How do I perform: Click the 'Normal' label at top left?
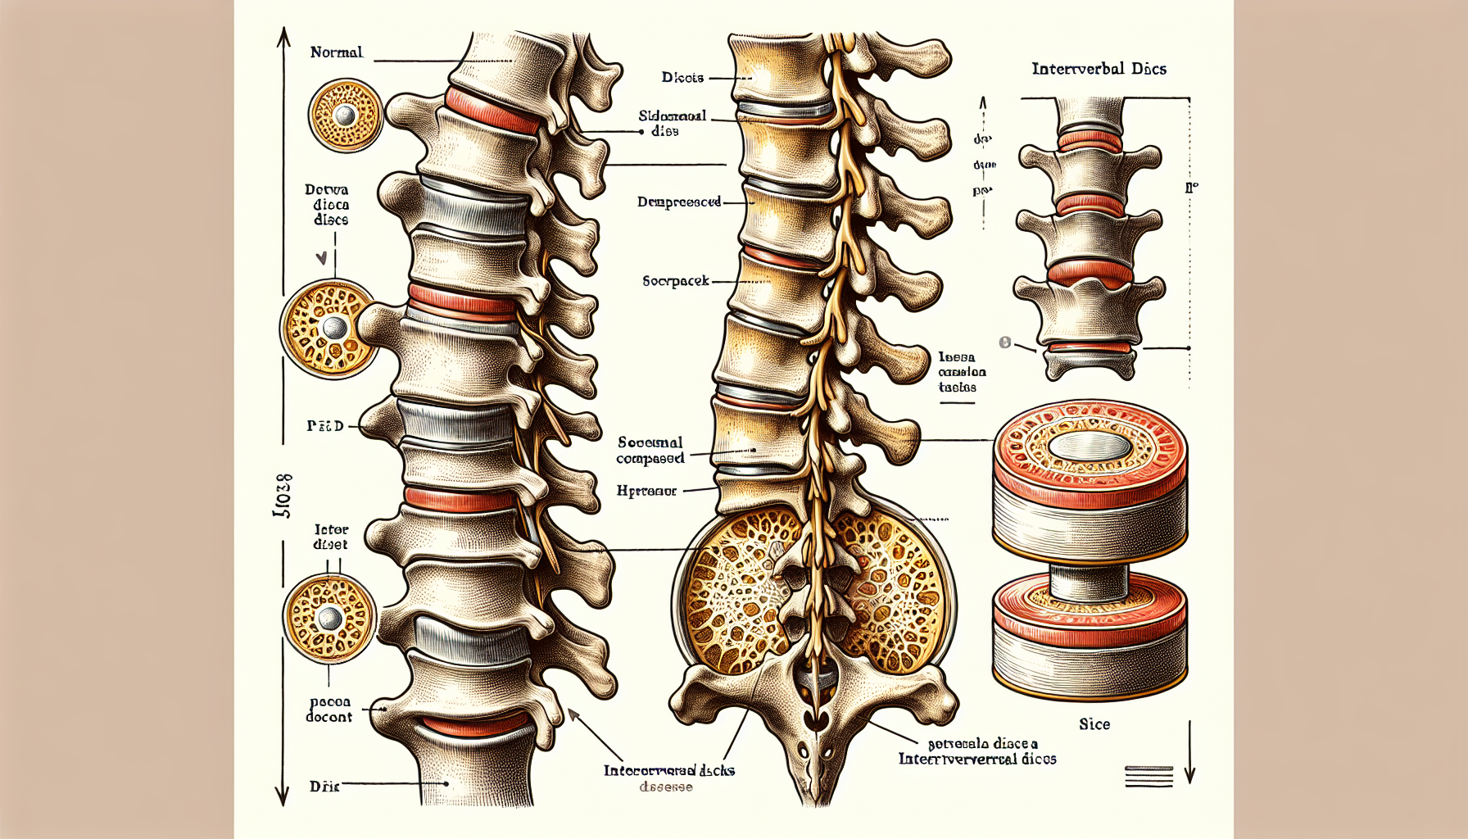(x=336, y=52)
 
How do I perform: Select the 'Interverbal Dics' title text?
(x=1099, y=69)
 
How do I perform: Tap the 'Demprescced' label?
(x=679, y=202)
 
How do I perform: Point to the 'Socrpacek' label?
(x=676, y=281)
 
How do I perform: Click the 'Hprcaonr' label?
(x=646, y=492)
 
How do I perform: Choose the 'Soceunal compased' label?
(x=650, y=450)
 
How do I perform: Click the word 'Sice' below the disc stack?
(x=1094, y=724)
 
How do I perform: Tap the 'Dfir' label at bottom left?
(x=324, y=787)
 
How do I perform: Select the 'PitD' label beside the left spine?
(x=325, y=426)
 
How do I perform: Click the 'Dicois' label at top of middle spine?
(x=682, y=78)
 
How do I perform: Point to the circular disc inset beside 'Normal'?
(x=346, y=116)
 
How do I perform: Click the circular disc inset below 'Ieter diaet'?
(x=329, y=619)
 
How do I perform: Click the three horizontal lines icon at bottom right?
(x=1149, y=776)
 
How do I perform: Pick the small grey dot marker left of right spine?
(x=1005, y=342)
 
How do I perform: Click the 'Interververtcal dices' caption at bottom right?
(x=977, y=759)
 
